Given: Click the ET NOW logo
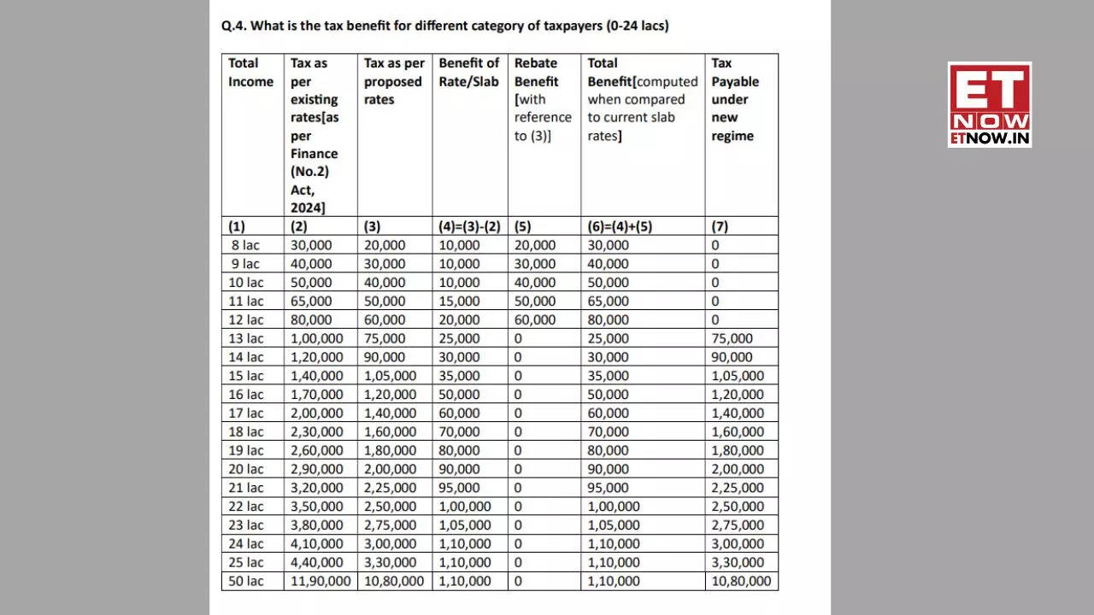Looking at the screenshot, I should (989, 104).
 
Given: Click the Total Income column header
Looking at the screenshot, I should (250, 73).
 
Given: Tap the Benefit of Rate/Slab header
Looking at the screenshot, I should (468, 73).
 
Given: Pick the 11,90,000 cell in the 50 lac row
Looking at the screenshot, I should (321, 581).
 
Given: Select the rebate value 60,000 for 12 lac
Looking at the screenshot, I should (535, 319).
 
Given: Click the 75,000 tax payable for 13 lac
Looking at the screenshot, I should (732, 338).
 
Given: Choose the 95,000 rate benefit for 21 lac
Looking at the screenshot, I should (460, 488).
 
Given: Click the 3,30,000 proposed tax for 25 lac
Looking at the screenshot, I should (391, 562).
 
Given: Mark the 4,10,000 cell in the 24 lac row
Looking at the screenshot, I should (316, 543).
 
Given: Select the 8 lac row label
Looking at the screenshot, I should (245, 245).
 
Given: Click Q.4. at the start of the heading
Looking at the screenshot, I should (233, 26).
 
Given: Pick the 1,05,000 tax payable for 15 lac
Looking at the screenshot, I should (738, 376).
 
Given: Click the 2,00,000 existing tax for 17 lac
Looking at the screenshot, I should (316, 413).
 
